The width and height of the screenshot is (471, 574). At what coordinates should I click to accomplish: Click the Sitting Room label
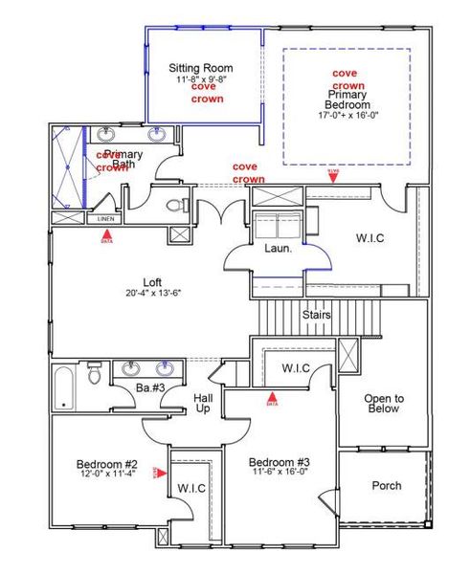(201, 68)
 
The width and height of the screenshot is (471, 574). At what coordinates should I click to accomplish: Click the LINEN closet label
(105, 218)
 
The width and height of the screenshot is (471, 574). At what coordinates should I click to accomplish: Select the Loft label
(152, 282)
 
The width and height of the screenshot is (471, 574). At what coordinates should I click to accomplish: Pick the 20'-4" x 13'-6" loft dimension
(152, 293)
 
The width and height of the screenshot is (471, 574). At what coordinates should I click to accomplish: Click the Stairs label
(317, 314)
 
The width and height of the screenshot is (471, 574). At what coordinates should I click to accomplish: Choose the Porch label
(386, 485)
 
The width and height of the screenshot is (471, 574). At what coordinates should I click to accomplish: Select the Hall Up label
(203, 402)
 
